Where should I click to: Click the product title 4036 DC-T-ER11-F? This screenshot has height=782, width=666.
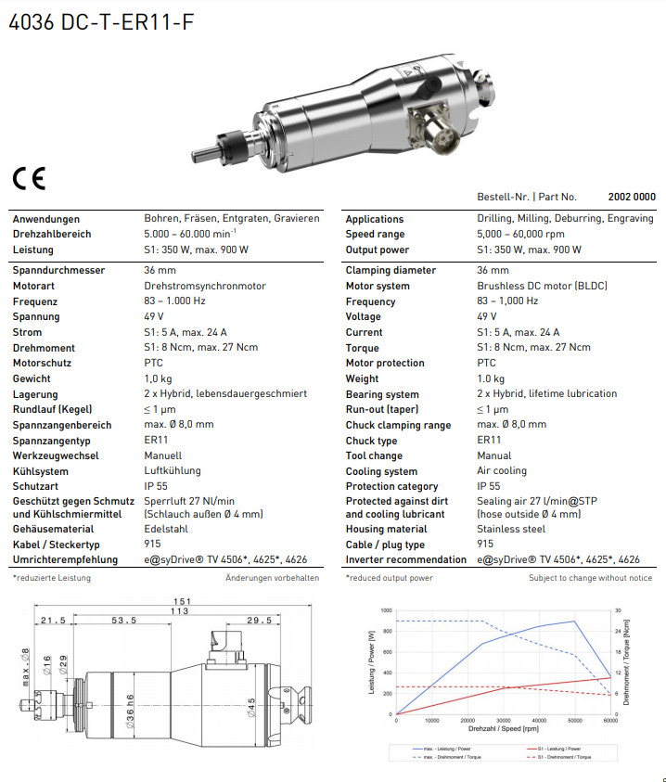point(102,23)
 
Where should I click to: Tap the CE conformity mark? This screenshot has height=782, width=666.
point(28,179)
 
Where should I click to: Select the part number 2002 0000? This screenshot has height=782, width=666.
point(631,197)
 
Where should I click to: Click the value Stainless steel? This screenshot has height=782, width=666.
point(511,529)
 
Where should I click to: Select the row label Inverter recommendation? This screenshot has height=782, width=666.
point(406,559)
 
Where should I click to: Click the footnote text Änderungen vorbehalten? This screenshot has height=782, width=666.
point(272,578)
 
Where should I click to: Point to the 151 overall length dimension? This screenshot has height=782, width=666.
point(183,602)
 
